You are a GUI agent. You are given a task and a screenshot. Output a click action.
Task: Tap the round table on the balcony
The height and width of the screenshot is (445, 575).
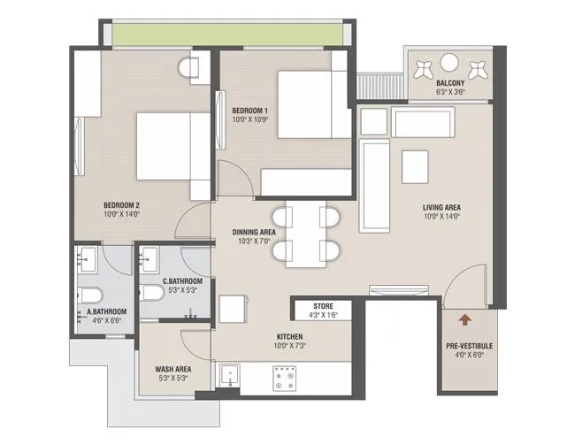point(450,63)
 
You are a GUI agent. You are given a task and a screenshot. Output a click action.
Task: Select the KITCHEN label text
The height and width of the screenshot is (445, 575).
point(289,337)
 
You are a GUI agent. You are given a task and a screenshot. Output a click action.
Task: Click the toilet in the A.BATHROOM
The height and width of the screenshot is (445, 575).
point(92,294)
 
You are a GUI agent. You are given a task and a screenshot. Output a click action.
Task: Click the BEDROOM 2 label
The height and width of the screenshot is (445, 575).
point(120,204)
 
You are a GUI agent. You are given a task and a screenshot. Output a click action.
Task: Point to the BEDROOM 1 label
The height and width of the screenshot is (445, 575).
point(243,111)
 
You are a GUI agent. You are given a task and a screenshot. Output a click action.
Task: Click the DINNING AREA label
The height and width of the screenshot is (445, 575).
point(254,232)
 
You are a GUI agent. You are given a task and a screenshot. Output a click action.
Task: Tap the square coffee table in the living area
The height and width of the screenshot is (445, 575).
point(414,165)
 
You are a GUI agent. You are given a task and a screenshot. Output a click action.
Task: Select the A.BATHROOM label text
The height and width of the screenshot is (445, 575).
point(105,311)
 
